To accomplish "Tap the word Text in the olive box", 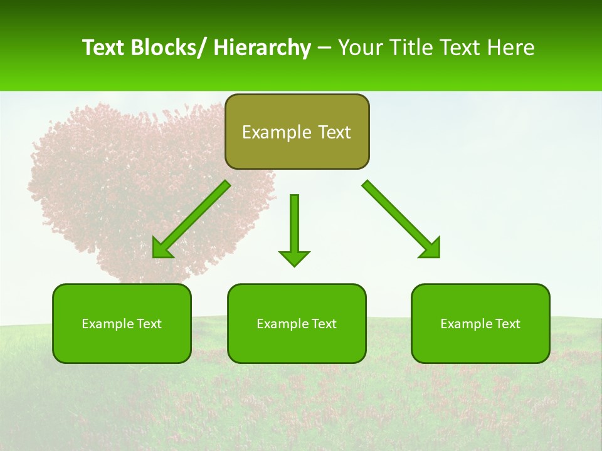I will [333, 132].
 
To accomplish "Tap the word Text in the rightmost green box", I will [506, 324].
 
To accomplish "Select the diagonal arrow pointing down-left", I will [191, 219].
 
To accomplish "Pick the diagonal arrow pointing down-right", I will [401, 219].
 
